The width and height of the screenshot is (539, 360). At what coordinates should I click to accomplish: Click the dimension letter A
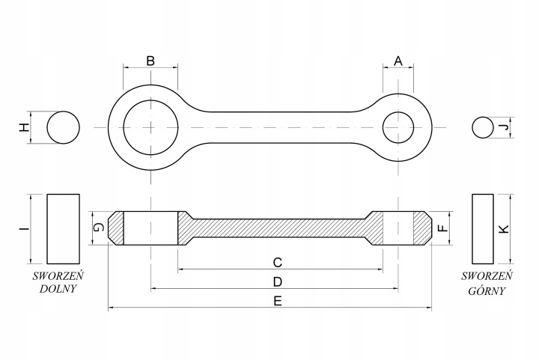tap(398, 61)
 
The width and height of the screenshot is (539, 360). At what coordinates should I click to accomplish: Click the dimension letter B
tap(150, 61)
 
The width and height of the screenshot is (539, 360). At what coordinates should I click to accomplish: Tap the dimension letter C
tap(278, 263)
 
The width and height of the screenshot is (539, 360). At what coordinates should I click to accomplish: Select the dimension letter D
tap(278, 282)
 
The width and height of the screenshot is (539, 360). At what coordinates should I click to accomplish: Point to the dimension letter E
tap(278, 302)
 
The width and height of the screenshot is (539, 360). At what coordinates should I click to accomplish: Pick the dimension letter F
tap(444, 228)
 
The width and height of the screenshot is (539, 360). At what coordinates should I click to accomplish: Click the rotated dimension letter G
tap(99, 228)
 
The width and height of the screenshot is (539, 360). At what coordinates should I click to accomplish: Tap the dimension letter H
tap(24, 128)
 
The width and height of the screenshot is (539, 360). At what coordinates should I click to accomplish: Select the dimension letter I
tap(24, 228)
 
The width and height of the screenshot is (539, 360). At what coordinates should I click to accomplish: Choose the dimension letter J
tap(504, 127)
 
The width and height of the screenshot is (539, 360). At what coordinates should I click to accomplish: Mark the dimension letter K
tap(504, 229)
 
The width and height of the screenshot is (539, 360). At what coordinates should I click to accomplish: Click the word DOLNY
tap(58, 289)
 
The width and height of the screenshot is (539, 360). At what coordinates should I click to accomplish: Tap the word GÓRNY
tap(487, 290)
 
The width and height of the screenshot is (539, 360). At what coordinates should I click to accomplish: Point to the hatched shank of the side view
tap(278, 228)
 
